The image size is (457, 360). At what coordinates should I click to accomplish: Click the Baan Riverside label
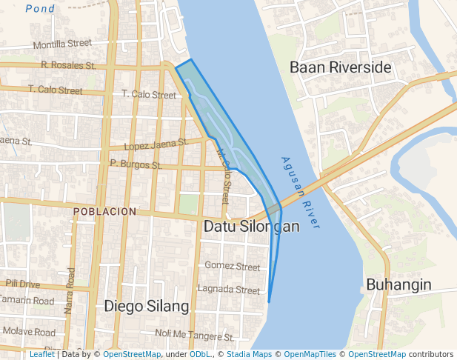click(340, 67)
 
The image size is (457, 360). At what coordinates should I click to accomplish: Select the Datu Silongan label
click(251, 226)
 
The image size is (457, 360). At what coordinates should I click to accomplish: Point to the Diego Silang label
click(146, 305)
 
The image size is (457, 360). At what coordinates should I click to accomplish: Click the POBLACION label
click(105, 211)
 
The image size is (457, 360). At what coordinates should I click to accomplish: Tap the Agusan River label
click(301, 192)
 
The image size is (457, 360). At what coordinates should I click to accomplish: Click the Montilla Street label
click(62, 44)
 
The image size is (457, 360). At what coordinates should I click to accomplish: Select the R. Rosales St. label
click(69, 65)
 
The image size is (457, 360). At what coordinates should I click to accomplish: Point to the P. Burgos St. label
click(136, 163)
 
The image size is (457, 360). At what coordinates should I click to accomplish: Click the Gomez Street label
click(233, 266)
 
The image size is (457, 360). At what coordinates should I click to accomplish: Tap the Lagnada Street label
click(229, 290)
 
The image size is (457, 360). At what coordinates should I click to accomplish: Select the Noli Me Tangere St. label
click(194, 336)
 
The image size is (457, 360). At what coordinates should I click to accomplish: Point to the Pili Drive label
click(22, 284)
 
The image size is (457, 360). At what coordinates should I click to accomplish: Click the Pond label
click(39, 9)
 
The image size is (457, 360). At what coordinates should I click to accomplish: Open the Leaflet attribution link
click(42, 354)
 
